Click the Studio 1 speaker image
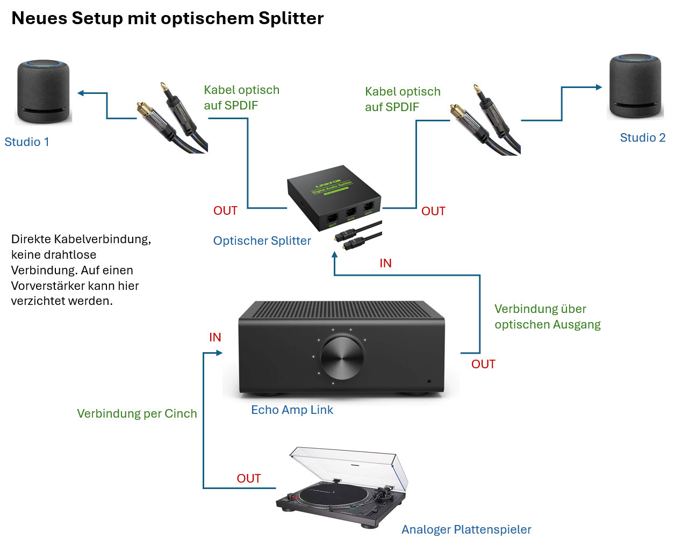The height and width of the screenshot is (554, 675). (44, 91)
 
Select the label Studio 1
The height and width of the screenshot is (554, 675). (27, 142)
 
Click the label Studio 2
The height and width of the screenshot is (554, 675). (642, 137)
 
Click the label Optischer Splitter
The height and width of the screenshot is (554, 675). (262, 240)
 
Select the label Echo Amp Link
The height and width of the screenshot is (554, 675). (292, 410)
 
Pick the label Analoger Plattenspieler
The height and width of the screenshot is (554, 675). (466, 529)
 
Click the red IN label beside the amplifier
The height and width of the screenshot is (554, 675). (215, 337)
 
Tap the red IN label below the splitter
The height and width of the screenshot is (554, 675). (385, 263)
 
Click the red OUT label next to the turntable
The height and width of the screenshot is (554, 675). (248, 478)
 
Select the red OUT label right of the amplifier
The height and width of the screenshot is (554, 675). (483, 364)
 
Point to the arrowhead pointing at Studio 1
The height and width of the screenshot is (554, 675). (81, 93)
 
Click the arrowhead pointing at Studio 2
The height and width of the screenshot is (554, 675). (599, 87)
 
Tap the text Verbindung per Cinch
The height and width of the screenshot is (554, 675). (137, 413)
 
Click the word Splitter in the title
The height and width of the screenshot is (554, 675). (291, 18)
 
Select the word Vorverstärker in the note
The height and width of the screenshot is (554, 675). (48, 286)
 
